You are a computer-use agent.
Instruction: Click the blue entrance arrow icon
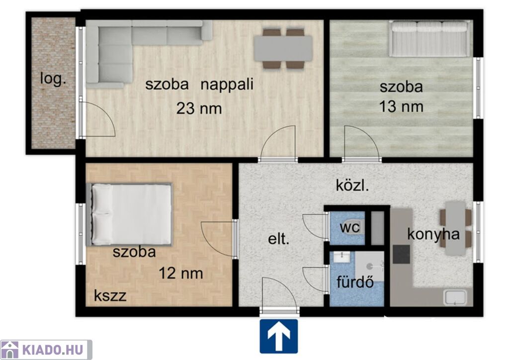[x=278, y=336]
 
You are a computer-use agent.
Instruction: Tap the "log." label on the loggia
[x=53, y=79]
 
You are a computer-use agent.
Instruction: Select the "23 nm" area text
[x=199, y=108]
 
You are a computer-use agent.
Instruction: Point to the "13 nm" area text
[x=401, y=107]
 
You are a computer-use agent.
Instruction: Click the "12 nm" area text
[x=181, y=273]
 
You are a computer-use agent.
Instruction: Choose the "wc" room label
[x=349, y=227]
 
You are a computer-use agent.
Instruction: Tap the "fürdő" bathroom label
[x=355, y=282]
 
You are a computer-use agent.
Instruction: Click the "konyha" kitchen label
[x=433, y=234]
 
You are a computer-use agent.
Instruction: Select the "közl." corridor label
[x=352, y=185]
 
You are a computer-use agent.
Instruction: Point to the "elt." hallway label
[x=278, y=239]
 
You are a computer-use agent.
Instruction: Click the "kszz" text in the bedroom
[x=110, y=296]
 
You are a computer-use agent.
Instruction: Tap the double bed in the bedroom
[x=129, y=215]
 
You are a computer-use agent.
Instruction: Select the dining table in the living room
[x=283, y=49]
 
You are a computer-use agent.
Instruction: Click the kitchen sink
[x=455, y=297]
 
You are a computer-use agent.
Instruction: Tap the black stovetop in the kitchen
[x=401, y=254]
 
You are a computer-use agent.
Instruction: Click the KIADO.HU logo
[x=46, y=350]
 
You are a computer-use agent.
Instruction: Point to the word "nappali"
[x=227, y=85]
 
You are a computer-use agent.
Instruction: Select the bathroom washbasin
[x=341, y=257]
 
